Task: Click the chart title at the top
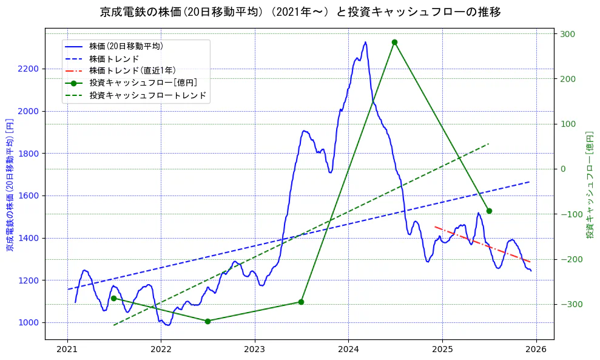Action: tap(300, 12)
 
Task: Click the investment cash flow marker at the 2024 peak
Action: tap(394, 42)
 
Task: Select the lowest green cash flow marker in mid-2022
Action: tap(207, 321)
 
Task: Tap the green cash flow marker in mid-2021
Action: tap(113, 298)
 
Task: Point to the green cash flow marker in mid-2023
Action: tap(301, 302)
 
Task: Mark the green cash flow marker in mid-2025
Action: tap(489, 211)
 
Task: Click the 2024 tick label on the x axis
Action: tap(348, 350)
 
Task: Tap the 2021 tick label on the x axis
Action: tap(67, 350)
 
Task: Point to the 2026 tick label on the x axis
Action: tap(536, 350)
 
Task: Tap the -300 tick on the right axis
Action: tap(568, 304)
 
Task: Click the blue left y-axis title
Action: tap(10, 185)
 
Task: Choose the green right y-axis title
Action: tap(590, 185)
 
